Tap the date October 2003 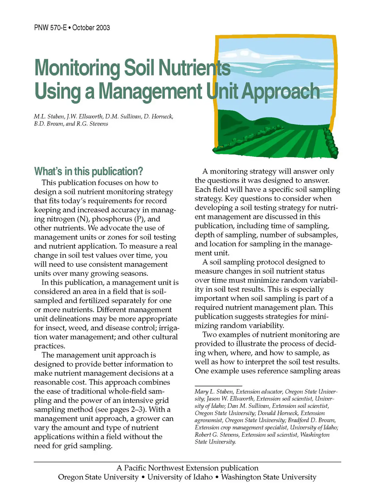91,28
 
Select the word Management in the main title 150,91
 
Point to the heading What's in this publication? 88,172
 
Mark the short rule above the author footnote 218,386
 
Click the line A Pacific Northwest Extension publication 187,468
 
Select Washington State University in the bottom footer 269,477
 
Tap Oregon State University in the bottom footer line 98,477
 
